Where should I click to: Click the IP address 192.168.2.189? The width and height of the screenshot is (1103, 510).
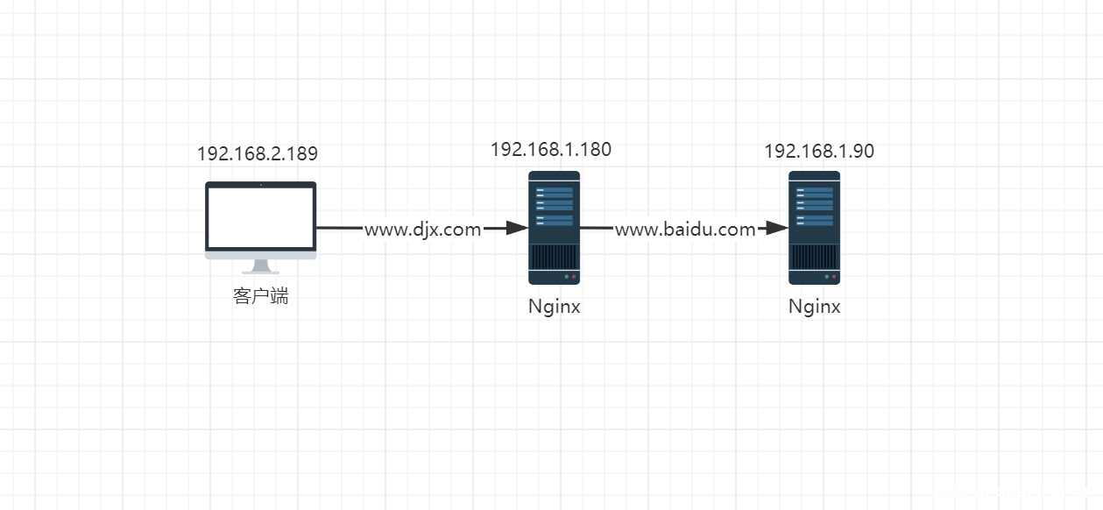click(257, 153)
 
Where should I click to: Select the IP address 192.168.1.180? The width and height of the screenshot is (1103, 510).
click(550, 149)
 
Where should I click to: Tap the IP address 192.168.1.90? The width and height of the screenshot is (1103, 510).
click(818, 151)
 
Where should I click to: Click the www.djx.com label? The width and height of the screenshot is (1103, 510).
click(422, 230)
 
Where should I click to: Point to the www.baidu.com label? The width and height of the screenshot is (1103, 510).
click(684, 230)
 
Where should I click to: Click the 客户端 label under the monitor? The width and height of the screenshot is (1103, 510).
click(260, 296)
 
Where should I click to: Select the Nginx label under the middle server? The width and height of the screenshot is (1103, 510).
click(554, 307)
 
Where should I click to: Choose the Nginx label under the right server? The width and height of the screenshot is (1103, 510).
click(814, 307)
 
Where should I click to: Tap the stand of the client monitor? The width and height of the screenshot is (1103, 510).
click(260, 266)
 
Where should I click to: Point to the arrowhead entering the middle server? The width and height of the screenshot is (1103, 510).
click(517, 229)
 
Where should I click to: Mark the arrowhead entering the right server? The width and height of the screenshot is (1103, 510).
click(778, 229)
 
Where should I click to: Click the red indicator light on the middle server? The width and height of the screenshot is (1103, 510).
click(574, 277)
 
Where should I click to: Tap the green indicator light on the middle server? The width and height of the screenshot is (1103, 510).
click(566, 277)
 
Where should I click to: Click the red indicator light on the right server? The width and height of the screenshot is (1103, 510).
click(834, 277)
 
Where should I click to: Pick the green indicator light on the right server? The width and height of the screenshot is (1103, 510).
click(826, 277)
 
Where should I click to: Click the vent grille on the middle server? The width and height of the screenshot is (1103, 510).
click(554, 258)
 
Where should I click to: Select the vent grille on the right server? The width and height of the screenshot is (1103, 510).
click(814, 258)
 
